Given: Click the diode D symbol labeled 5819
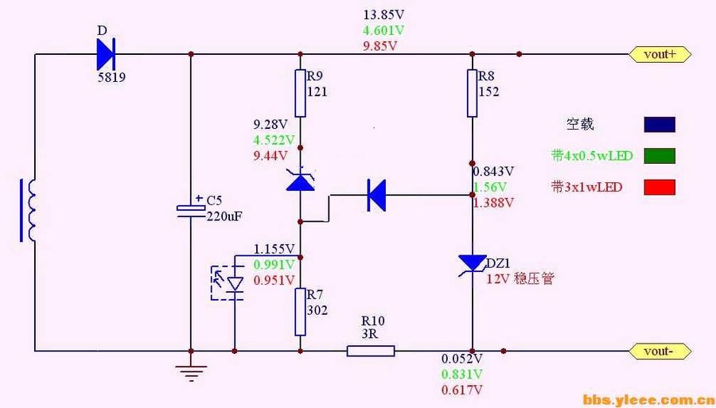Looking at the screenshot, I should click(106, 55).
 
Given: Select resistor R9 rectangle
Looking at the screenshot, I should click(300, 92).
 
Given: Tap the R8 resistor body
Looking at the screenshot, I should click(472, 92).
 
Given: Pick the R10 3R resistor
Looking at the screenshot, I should click(371, 350).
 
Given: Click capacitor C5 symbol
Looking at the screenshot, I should click(191, 210).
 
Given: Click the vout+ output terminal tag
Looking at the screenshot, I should click(660, 54).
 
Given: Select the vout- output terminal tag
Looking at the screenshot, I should click(660, 350).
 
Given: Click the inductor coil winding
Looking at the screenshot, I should click(31, 210).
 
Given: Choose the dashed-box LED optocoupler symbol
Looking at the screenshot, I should click(232, 281).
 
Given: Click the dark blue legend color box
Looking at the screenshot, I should click(659, 124).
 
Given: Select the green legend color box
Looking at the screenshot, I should click(659, 156).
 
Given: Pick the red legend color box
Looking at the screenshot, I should click(659, 187).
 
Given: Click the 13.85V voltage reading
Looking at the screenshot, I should click(384, 15).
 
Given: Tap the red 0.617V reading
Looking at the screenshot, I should click(462, 390).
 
